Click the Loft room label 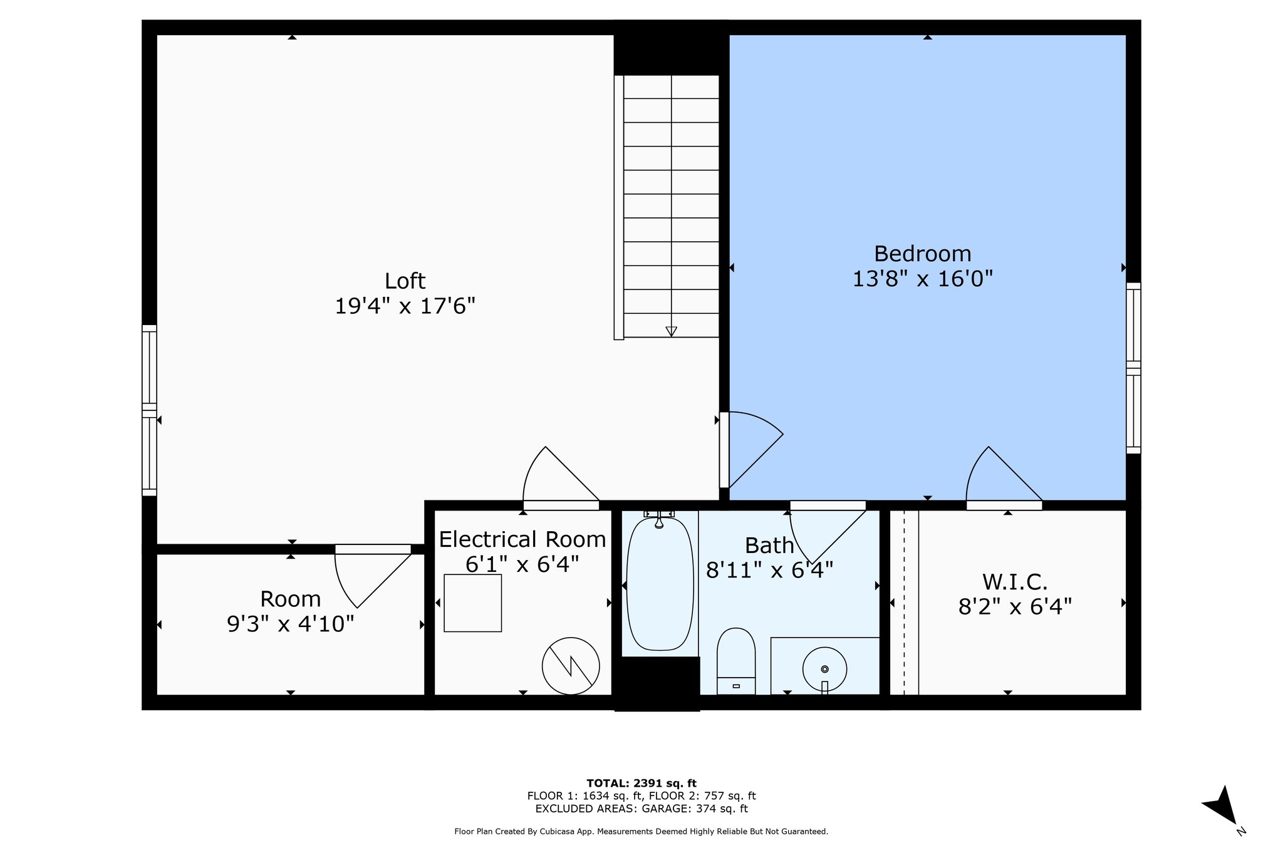click(x=405, y=281)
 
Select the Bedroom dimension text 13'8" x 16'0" click(x=922, y=279)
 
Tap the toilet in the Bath click(x=735, y=661)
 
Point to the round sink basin click(x=824, y=669)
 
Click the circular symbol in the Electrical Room click(x=571, y=666)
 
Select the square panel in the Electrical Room click(x=472, y=603)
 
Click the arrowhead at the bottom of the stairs click(x=671, y=331)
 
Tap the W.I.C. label click(x=1014, y=583)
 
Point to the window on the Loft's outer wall click(x=149, y=410)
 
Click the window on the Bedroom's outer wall click(x=1133, y=368)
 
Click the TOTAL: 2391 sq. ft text click(x=641, y=783)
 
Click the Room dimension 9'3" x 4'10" click(x=290, y=624)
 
